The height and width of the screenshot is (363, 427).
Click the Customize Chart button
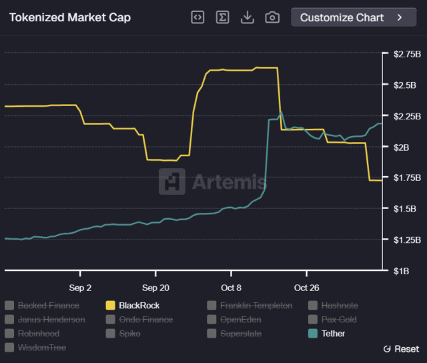[354, 17]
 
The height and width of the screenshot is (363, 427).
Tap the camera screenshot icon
[272, 17]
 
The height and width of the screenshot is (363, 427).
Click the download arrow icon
[248, 17]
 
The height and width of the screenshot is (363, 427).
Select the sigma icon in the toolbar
[222, 17]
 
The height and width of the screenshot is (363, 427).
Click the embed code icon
[197, 17]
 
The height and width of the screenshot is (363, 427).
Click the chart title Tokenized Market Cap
[70, 18]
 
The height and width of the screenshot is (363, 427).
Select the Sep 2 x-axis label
[80, 288]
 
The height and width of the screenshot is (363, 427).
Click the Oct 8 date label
[231, 288]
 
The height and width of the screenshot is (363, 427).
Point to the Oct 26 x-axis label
[306, 288]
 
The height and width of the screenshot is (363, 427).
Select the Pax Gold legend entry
[336, 320]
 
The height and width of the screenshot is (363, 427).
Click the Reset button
[402, 349]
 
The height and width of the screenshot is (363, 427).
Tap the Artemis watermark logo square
[172, 181]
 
